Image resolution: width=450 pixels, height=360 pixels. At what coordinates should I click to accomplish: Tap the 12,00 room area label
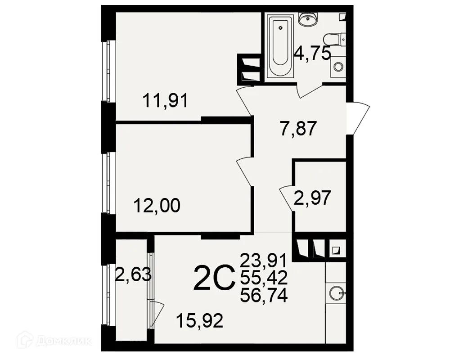point(157,206)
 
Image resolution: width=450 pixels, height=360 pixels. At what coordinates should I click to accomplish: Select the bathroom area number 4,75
point(313,54)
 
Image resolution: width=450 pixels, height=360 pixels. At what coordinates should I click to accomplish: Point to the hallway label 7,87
point(298,129)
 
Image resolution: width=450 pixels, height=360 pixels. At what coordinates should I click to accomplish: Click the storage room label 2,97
point(312,198)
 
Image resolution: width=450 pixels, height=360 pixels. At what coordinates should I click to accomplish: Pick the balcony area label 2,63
point(133,275)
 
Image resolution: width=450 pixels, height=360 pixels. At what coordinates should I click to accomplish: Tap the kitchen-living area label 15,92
point(199,321)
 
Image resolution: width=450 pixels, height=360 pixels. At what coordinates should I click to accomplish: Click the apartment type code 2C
point(214,278)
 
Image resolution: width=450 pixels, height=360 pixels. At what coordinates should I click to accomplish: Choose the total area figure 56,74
point(264,296)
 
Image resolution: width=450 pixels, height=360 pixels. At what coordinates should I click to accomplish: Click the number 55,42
point(264,278)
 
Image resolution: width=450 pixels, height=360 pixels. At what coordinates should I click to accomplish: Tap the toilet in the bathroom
point(334,40)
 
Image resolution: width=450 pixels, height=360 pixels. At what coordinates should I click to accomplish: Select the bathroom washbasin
point(308,19)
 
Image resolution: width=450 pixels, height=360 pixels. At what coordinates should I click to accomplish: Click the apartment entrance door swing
point(358,118)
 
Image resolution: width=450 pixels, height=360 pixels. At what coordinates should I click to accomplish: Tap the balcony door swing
point(157,315)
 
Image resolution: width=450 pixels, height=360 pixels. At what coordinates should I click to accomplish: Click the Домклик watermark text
point(64,341)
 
